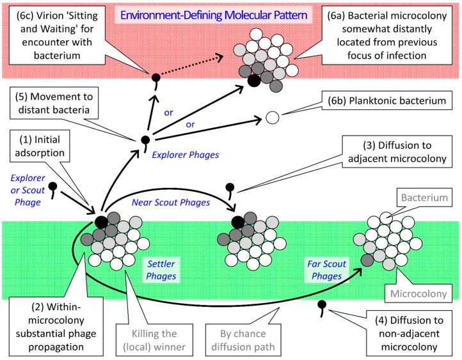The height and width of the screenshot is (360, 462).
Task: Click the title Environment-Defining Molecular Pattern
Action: tap(214, 15)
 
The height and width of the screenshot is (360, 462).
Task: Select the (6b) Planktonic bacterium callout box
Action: tap(387, 100)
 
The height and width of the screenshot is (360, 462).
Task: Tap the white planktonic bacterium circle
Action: tap(272, 118)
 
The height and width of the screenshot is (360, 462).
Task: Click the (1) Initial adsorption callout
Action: tap(40, 146)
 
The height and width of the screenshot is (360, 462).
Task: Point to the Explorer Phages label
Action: tap(186, 155)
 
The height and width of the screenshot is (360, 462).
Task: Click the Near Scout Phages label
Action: tap(171, 202)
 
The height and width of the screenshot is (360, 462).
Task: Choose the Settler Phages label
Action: tap(161, 270)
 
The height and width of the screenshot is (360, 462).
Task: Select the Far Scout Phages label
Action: tap(326, 270)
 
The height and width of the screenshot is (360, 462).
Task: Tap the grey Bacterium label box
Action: tap(424, 198)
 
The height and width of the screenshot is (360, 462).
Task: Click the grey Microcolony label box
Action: tap(418, 293)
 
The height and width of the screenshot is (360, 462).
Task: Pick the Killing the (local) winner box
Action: tap(154, 340)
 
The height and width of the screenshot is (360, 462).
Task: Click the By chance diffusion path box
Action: tap(243, 340)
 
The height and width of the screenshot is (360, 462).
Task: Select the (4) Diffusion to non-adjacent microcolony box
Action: tap(410, 334)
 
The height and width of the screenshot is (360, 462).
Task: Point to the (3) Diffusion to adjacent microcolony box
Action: tap(397, 152)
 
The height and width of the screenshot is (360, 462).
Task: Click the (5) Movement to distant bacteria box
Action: tap(54, 103)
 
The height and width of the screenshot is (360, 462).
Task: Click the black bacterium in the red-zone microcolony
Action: tap(254, 81)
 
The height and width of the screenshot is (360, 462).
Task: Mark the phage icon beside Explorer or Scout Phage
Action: tap(52, 189)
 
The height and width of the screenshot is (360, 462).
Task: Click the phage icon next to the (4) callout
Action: tap(322, 308)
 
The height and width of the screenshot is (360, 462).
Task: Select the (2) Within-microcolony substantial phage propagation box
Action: tap(56, 327)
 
